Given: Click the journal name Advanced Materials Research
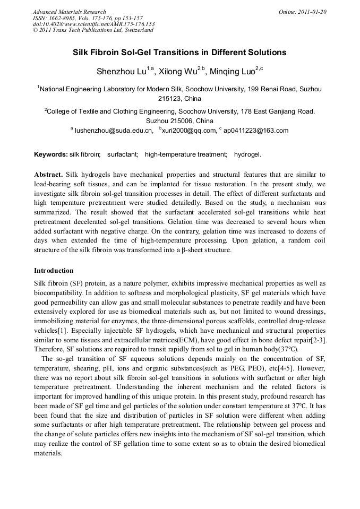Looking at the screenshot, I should tap(69, 12).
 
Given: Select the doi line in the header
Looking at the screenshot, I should tap(93, 24).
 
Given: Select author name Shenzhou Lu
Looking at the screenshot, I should tap(122, 71).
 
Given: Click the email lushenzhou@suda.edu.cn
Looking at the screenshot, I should tap(114, 131).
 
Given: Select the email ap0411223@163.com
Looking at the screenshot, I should tap(256, 131).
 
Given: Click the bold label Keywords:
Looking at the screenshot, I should tap(51, 154).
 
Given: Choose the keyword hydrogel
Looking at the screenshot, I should tap(247, 154).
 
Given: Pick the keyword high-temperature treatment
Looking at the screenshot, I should tap(185, 154).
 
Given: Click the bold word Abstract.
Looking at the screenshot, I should tap(48, 175).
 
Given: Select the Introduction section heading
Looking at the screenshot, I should tap(54, 271).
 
